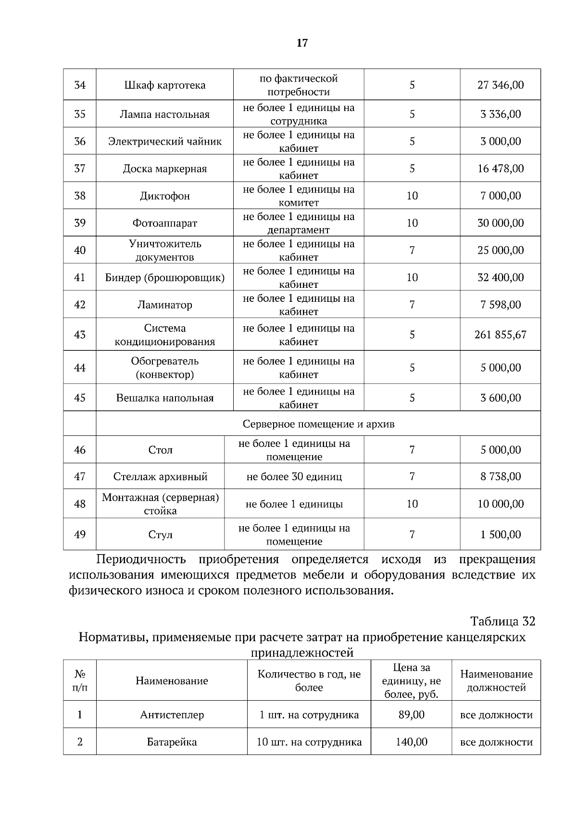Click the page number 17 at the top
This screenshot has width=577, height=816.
point(301,43)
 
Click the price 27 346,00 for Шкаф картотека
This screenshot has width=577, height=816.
point(500,85)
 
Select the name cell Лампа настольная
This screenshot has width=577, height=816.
point(164,114)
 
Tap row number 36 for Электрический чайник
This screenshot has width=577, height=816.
point(80,141)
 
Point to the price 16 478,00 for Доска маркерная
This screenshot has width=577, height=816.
point(500,169)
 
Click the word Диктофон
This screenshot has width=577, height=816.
point(164,196)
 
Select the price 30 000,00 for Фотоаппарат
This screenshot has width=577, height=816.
point(500,223)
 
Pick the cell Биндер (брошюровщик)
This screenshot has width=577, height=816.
point(164,278)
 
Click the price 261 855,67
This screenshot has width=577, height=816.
point(500,334)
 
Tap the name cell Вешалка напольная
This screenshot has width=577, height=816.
point(164,398)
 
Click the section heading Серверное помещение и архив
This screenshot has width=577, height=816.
point(318,424)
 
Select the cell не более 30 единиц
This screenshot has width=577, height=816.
point(294,477)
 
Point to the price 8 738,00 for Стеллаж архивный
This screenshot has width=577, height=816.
point(500,477)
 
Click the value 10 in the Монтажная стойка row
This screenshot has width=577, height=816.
point(412,504)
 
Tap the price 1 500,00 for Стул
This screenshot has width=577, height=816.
point(500,535)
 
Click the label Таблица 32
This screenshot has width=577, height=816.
point(502,621)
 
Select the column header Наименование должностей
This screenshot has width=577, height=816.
point(496,680)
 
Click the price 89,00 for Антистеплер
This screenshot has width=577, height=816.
point(411,715)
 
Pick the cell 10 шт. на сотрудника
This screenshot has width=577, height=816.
point(309,742)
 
